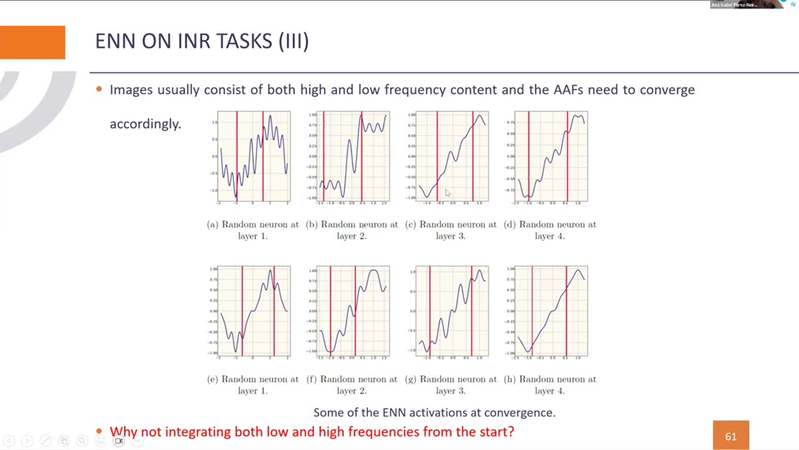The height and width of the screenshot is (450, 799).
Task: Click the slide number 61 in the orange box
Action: (x=730, y=436)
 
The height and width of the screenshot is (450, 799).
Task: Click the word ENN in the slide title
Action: (x=115, y=41)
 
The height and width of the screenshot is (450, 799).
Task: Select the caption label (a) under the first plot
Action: (x=213, y=224)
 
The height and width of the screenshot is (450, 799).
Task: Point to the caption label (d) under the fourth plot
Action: (x=510, y=224)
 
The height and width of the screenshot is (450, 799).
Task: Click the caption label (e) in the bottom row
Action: (x=213, y=379)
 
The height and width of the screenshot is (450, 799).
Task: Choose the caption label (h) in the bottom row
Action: (x=510, y=379)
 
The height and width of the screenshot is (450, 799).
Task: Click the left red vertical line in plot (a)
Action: (x=237, y=156)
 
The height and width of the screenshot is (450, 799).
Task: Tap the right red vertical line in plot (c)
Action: (x=473, y=156)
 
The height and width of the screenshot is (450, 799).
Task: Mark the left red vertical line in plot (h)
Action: (x=532, y=311)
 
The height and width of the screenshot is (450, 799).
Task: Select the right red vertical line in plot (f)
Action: (x=355, y=311)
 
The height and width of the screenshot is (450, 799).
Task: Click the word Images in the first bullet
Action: (x=131, y=90)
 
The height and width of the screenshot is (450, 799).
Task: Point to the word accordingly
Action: (x=145, y=124)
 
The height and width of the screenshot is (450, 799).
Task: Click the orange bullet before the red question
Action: (x=99, y=431)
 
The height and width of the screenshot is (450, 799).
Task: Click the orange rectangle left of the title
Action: (x=32, y=42)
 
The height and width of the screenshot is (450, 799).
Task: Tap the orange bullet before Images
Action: (x=99, y=89)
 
